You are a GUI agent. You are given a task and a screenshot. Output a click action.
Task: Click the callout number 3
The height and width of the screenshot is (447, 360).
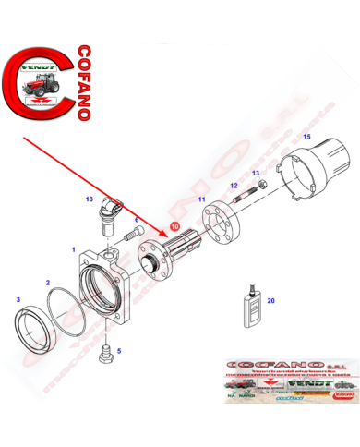18,299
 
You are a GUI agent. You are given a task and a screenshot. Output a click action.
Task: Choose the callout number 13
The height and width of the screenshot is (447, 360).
255,174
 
